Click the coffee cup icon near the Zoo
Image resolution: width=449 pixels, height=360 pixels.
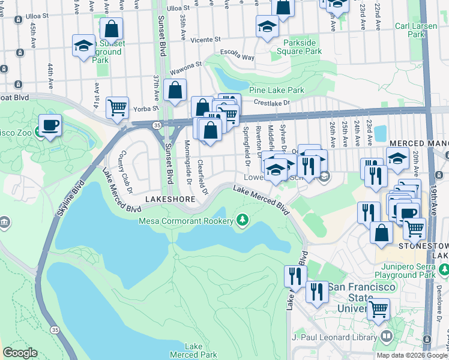50,125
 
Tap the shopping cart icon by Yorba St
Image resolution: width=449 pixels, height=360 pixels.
117,108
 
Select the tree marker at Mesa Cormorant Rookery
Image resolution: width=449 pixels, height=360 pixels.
243,220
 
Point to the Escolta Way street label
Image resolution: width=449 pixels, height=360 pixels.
237,55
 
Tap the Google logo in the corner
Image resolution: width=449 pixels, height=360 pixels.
20,353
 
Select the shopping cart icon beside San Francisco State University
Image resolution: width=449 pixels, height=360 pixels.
378,310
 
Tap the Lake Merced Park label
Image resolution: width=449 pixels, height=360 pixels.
193,350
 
